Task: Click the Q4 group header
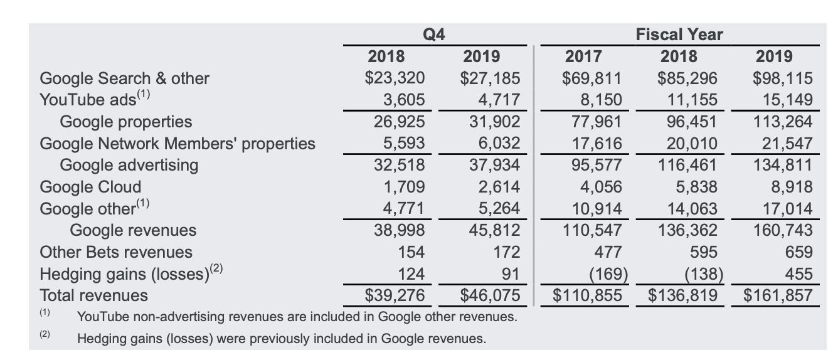434,35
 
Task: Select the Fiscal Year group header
679,35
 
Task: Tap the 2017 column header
583,56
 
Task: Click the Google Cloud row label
90,187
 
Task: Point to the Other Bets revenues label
116,252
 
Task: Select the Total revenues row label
94,295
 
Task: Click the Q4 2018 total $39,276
395,295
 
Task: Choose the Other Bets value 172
506,252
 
